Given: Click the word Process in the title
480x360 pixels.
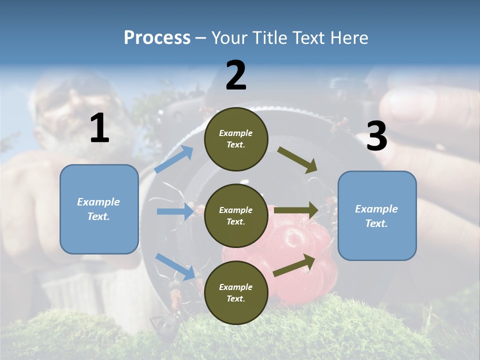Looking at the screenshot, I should pyautogui.click(x=157, y=37).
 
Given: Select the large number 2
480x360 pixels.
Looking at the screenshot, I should pyautogui.click(x=236, y=75).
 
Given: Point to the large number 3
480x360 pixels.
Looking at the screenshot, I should pyautogui.click(x=377, y=136).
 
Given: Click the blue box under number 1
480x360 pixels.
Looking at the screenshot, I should pyautogui.click(x=99, y=209).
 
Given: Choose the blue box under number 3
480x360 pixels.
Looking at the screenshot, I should pyautogui.click(x=377, y=215).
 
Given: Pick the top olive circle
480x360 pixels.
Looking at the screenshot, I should pyautogui.click(x=236, y=139).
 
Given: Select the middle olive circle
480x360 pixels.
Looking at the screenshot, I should pyautogui.click(x=236, y=215).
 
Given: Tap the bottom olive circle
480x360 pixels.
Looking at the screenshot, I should pyautogui.click(x=236, y=292).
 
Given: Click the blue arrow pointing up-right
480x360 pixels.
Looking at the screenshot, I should pyautogui.click(x=174, y=159).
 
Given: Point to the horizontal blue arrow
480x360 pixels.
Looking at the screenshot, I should pyautogui.click(x=175, y=211).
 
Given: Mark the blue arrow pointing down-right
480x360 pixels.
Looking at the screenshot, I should pyautogui.click(x=175, y=266).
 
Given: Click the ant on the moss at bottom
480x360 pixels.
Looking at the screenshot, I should pyautogui.click(x=167, y=325).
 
